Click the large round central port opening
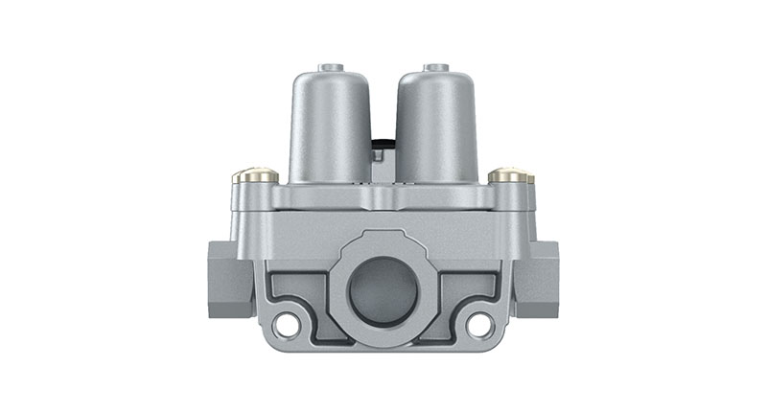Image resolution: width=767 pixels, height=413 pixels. coord(383,292)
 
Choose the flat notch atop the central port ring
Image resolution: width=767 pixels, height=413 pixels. coord(383,236)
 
